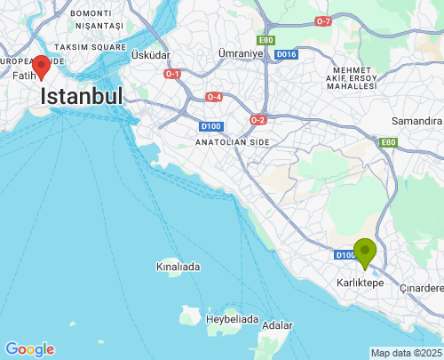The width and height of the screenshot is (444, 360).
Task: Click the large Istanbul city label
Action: point(82,96)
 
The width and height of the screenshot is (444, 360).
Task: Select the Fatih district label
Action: point(23,76)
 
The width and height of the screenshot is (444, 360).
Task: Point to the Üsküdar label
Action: point(150,55)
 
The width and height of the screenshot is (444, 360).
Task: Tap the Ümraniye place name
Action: point(242,54)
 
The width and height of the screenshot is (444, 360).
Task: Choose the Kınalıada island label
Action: point(178,267)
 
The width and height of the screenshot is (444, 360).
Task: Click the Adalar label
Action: point(278,325)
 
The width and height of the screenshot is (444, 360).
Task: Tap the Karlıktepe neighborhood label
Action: point(360,282)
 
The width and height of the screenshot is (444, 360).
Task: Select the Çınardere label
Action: point(421,288)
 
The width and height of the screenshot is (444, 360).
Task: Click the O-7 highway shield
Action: point(323,20)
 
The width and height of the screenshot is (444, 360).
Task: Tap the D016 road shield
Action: point(286,54)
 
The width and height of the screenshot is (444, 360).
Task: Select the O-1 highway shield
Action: point(172,74)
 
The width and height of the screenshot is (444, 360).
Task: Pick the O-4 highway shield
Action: point(214,96)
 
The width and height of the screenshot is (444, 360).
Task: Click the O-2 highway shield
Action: point(258,120)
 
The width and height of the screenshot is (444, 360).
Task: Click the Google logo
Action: point(29,349)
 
